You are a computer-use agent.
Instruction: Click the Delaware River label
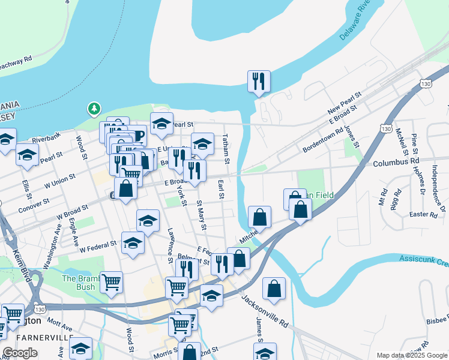[x=354, y=24]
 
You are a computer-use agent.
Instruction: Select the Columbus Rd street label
[x=396, y=163]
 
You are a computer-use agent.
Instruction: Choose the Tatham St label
[x=227, y=150]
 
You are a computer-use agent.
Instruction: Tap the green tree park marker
[x=94, y=109]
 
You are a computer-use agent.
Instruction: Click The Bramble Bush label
[x=79, y=282]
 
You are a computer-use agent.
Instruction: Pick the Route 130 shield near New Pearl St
[x=425, y=84]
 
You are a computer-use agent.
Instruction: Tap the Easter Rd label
[x=424, y=214]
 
